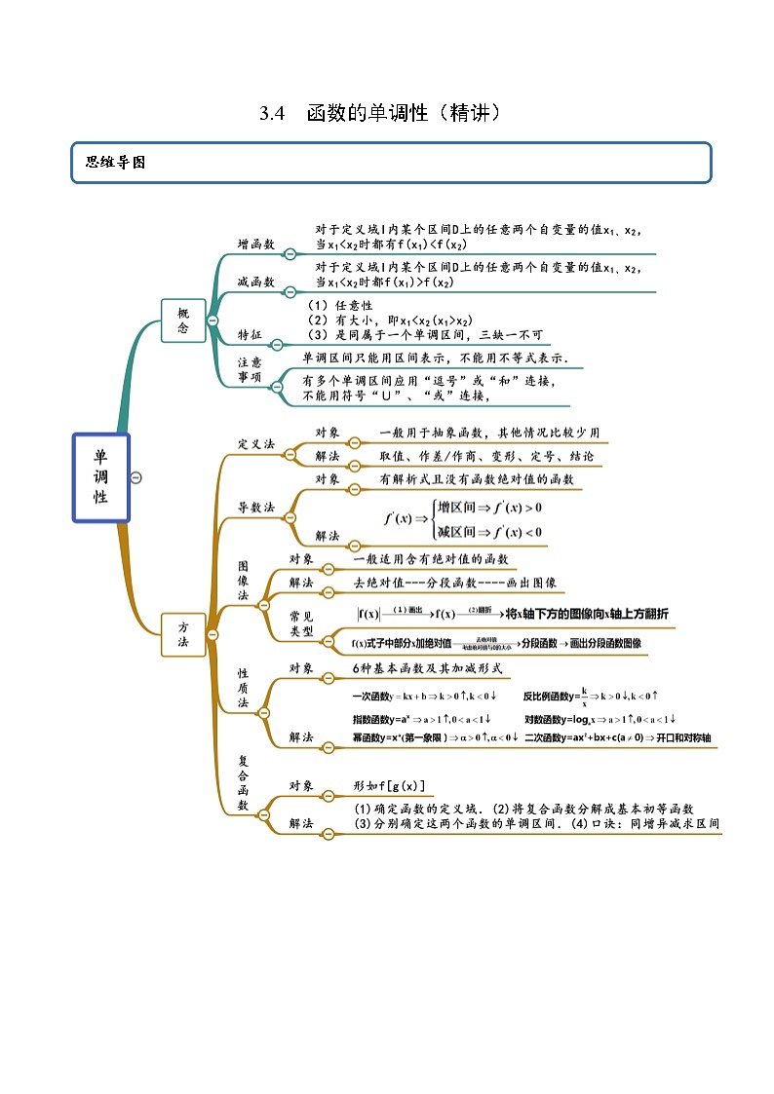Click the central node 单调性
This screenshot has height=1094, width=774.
pyautogui.click(x=100, y=477)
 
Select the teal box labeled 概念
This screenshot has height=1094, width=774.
pyautogui.click(x=183, y=321)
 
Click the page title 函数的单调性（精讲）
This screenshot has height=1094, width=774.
pyautogui.click(x=405, y=113)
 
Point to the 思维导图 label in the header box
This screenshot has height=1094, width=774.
pyautogui.click(x=115, y=163)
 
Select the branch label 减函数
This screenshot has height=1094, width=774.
pyautogui.click(x=256, y=282)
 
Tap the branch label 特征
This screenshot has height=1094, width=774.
pyautogui.click(x=251, y=335)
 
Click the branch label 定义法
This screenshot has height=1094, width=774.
pyautogui.click(x=256, y=444)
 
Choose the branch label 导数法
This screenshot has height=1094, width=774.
pyautogui.click(x=256, y=508)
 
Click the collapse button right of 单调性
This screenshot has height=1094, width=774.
pyautogui.click(x=136, y=477)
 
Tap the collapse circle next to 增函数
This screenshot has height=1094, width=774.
pyautogui.click(x=290, y=253)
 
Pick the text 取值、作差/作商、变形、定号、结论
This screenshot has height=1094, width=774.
pyautogui.click(x=486, y=456)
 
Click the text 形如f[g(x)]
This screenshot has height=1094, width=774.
pyautogui.click(x=389, y=785)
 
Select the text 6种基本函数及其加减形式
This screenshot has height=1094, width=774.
pyautogui.click(x=427, y=668)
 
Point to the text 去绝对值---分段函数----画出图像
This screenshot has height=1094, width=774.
pyautogui.click(x=454, y=583)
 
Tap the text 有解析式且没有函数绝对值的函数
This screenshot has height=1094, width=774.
pyautogui.click(x=477, y=479)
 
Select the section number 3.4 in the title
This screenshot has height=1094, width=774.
pyautogui.click(x=271, y=113)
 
